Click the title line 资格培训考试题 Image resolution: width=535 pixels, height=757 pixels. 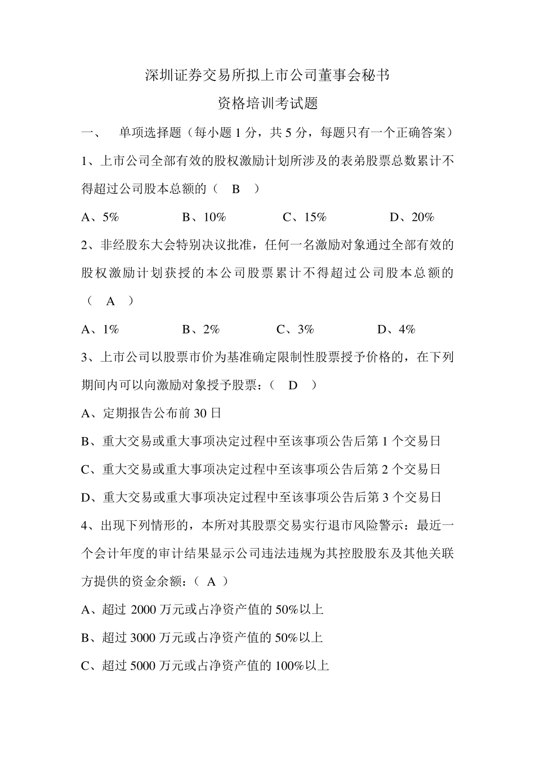(x=267, y=104)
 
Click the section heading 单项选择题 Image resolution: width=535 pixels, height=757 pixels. (x=150, y=133)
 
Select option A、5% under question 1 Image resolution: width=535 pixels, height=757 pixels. (x=100, y=217)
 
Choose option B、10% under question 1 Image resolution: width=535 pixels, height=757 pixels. (x=204, y=217)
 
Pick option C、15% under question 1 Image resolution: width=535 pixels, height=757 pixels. (x=305, y=217)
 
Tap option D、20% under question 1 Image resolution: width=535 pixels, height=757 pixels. (x=412, y=217)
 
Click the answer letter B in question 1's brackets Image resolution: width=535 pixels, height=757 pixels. (x=236, y=189)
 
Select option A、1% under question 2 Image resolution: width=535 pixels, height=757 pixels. (x=100, y=329)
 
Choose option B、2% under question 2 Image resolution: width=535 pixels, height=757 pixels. (x=201, y=329)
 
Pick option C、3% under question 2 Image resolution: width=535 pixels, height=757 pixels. (x=296, y=329)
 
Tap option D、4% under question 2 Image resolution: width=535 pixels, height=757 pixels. (x=396, y=329)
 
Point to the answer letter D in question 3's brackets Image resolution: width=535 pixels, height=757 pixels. (x=293, y=385)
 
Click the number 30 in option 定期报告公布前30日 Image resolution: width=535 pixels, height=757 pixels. (x=200, y=413)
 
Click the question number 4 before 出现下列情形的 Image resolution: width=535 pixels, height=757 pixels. (x=85, y=526)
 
